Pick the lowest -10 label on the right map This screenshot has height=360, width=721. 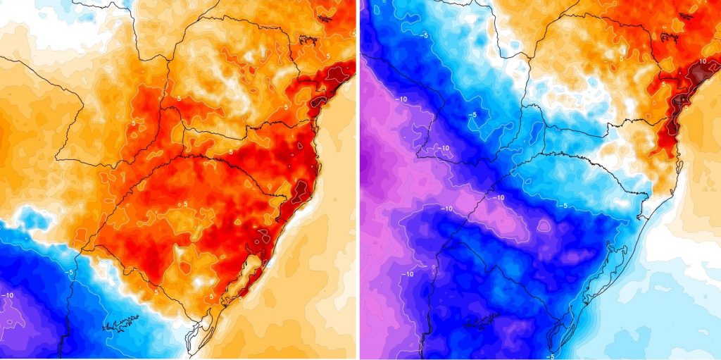[x=408, y=273]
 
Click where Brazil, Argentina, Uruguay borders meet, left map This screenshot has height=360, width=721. [x=82, y=249]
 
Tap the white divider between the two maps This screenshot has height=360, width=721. [x=358, y=180]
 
